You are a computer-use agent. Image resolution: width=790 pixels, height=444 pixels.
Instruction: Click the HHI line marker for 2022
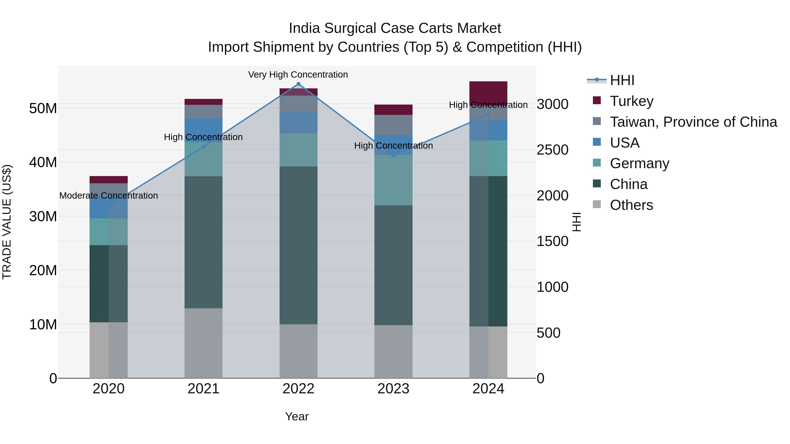click(298, 84)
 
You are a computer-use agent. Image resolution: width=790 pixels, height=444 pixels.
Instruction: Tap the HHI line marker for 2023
click(393, 156)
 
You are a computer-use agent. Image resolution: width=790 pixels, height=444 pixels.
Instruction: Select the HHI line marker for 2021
click(203, 147)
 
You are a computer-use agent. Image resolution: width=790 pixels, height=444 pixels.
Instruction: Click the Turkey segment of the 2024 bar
click(488, 92)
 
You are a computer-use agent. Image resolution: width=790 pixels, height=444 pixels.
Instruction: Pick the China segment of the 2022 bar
click(298, 245)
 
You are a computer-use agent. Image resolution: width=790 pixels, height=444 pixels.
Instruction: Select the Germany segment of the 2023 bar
click(393, 180)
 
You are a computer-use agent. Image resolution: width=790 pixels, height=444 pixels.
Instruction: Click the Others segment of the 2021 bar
click(203, 343)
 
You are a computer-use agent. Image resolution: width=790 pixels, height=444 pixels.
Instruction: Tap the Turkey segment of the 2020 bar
click(109, 180)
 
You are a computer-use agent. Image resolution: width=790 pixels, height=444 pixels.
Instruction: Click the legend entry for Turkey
click(631, 101)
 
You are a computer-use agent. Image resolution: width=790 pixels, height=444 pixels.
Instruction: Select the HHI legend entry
click(622, 80)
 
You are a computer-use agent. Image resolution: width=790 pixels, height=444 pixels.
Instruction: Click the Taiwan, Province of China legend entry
click(693, 122)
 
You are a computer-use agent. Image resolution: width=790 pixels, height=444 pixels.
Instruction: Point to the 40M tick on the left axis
click(43, 162)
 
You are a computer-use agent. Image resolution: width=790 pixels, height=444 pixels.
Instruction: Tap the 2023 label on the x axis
click(393, 389)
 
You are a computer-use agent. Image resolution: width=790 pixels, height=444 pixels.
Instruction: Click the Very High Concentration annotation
click(298, 75)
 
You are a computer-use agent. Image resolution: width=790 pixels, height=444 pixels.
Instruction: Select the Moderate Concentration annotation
click(109, 196)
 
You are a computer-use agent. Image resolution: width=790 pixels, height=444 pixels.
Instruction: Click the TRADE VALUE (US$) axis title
click(7, 222)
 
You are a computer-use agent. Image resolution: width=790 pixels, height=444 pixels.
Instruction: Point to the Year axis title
click(296, 416)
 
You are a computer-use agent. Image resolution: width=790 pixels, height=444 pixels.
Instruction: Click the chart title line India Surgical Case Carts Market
click(395, 28)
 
